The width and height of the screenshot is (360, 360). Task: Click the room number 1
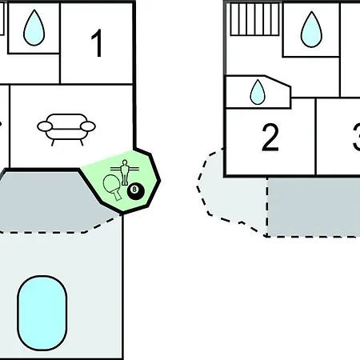point(98,43)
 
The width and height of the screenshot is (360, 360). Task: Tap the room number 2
point(270,138)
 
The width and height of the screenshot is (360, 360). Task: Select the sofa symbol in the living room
point(66,130)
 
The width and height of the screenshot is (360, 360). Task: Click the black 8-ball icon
point(136,191)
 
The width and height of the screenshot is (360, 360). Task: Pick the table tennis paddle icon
point(111,186)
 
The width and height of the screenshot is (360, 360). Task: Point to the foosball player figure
point(125,172)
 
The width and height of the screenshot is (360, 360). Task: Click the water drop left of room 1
point(34,27)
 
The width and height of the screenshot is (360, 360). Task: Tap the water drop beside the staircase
point(311,30)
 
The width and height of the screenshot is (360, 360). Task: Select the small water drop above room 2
point(258,92)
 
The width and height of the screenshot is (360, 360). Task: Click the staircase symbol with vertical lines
point(254,19)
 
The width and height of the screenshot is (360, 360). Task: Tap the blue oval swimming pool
point(42,313)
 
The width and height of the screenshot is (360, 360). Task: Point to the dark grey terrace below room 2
point(314,206)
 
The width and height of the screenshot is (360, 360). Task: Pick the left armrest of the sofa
point(45,126)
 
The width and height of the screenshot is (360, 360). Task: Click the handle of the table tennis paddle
point(117,195)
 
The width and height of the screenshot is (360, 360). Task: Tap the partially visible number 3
point(357,138)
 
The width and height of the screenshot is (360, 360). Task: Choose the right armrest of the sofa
point(88,126)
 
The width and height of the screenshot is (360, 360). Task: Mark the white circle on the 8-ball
point(134,190)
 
